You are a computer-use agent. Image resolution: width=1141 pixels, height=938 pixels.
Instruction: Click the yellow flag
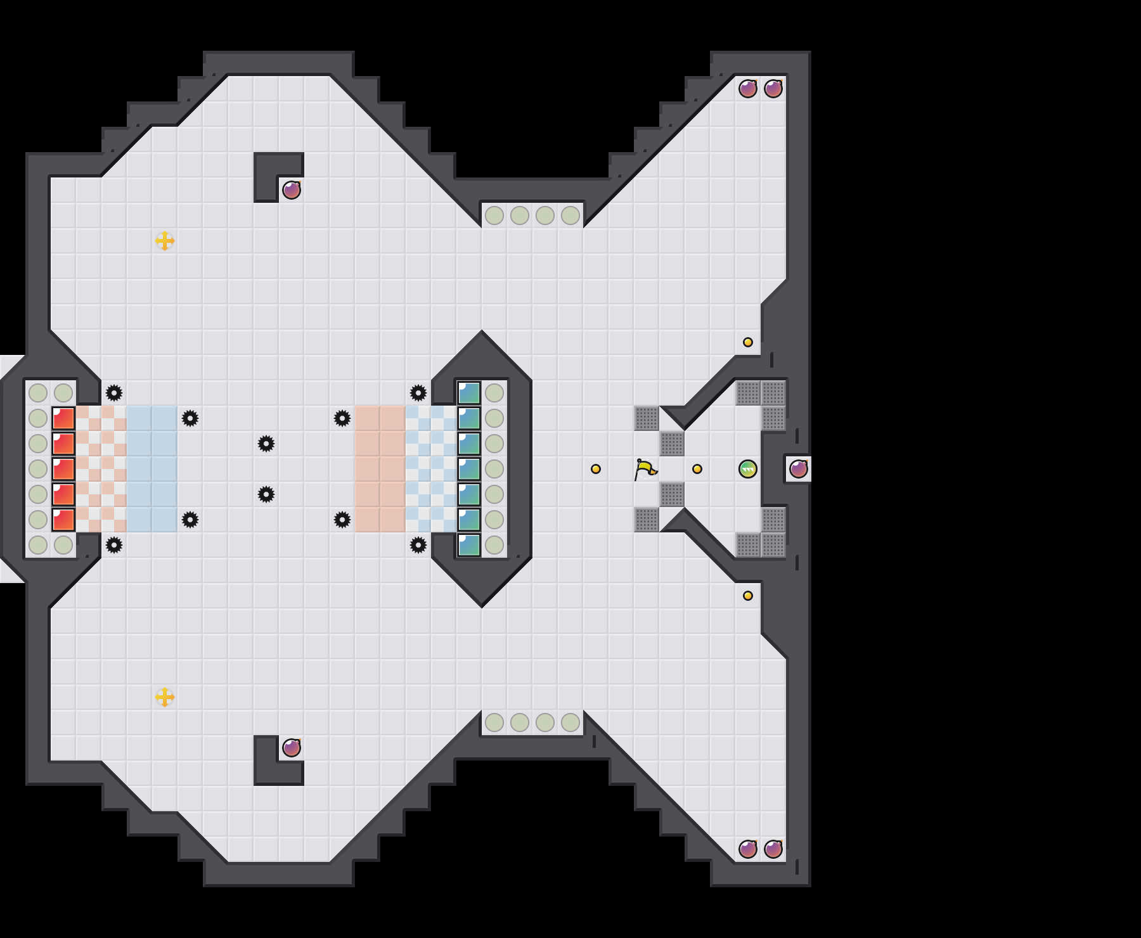point(645,469)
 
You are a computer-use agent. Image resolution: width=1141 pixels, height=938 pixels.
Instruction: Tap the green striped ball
point(748,469)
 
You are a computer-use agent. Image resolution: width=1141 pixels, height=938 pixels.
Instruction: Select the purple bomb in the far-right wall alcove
point(799,469)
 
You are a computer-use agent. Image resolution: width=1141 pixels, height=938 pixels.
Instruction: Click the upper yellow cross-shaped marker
point(165,241)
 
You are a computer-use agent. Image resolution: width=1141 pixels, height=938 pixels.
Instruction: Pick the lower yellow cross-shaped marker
point(165,697)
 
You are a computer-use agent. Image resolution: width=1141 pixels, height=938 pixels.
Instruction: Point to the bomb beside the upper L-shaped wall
point(292,190)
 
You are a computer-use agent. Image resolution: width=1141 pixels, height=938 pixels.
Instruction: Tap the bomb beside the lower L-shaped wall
point(292,748)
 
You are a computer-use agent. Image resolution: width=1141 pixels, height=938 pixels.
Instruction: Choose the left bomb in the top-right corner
point(748,89)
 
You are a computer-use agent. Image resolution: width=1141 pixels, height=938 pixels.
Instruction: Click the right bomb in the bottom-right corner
point(773,849)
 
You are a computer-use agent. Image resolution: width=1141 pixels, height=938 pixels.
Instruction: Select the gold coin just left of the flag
point(596,469)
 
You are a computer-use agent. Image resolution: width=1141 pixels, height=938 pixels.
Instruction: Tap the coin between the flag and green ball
point(697,469)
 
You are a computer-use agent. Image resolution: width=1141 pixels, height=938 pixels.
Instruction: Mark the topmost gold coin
point(748,342)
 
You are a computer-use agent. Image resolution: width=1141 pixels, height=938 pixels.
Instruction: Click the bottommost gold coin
point(748,596)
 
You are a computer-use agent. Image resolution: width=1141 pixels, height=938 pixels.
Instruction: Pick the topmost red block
point(63,418)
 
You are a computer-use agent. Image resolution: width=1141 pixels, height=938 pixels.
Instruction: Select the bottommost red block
point(63,520)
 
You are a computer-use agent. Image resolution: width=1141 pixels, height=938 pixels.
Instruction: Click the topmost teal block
point(469,393)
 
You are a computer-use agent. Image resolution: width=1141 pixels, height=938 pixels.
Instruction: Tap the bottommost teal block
point(469,545)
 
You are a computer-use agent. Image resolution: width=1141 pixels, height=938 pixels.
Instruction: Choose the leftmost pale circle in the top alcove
point(494,215)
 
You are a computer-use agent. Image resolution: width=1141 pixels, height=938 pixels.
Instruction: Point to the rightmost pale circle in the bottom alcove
point(570,723)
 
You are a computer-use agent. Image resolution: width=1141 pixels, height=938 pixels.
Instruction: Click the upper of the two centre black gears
point(266,444)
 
